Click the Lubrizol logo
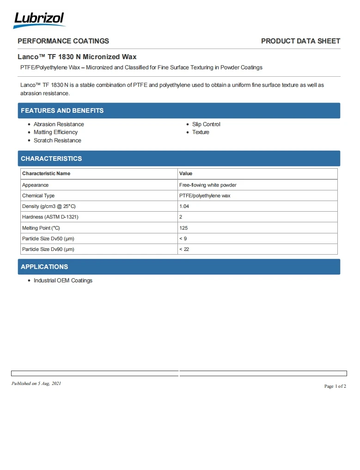[x=39, y=19]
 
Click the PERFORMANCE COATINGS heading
[x=63, y=41]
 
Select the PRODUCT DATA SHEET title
[x=300, y=41]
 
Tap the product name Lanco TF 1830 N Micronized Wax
[x=77, y=57]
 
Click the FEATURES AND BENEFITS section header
[x=62, y=110]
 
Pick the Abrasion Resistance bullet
[x=59, y=124]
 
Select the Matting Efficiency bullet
[x=55, y=132]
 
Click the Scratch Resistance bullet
[x=57, y=140]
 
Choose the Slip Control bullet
[x=206, y=124]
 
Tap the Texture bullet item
[x=201, y=132]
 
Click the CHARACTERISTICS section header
[x=51, y=159]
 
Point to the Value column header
[x=186, y=173]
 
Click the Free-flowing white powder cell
[x=207, y=185]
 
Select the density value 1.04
[x=184, y=206]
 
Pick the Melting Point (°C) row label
[x=41, y=228]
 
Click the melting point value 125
[x=183, y=228]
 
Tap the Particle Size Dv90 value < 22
[x=184, y=249]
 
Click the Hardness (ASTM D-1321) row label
[x=50, y=217]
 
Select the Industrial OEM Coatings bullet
[x=63, y=281]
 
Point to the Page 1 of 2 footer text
[x=335, y=386]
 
